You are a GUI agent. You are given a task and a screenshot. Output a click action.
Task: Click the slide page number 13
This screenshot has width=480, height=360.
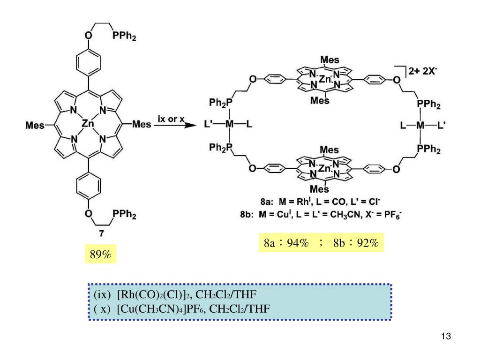click(x=445, y=337)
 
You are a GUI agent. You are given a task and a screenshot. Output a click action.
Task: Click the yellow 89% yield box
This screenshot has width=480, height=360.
click(x=101, y=255)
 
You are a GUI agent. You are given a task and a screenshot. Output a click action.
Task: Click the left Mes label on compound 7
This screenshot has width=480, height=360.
click(x=35, y=125)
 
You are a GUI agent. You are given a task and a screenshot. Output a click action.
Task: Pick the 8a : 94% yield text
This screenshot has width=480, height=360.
click(x=286, y=243)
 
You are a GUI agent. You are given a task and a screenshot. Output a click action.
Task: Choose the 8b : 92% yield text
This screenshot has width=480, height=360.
click(x=356, y=243)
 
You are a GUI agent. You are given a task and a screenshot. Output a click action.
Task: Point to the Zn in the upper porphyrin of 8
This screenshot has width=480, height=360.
click(x=325, y=79)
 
